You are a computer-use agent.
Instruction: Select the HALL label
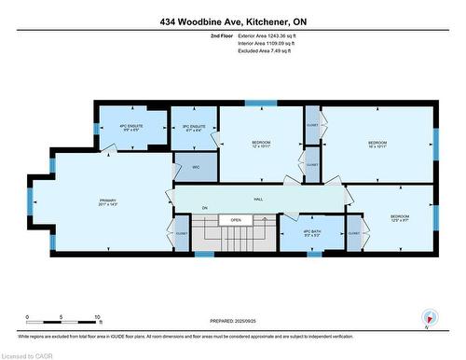pos(257,199)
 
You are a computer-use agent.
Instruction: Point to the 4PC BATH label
pos(311,232)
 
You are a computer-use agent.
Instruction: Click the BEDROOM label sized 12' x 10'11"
pos(260,144)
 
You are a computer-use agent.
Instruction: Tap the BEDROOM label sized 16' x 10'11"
pos(377,144)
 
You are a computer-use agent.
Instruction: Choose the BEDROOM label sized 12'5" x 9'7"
pos(398,217)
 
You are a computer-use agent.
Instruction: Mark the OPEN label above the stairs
pos(237,220)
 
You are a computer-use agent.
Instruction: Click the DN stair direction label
pos(204,207)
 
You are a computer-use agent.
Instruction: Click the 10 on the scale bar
pos(97,318)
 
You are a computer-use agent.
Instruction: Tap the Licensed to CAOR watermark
pos(26,353)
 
